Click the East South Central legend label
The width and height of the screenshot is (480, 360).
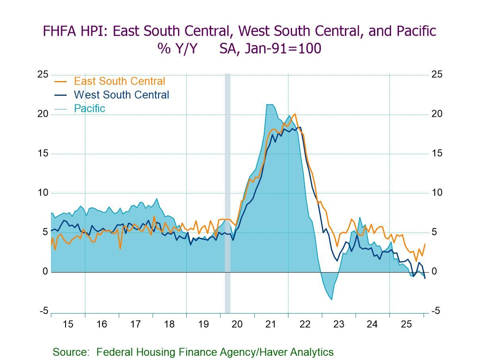[x=119, y=81]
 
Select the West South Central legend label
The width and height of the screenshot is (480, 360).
[x=121, y=95]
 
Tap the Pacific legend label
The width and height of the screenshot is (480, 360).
[x=89, y=108]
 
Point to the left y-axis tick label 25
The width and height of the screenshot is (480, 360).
[x=43, y=75]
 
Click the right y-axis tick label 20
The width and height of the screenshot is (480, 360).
[x=437, y=114]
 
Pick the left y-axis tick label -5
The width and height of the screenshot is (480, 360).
[x=44, y=311]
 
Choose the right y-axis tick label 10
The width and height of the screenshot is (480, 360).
[x=437, y=193]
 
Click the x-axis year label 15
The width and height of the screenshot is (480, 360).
[x=68, y=324]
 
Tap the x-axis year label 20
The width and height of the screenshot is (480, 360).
[x=237, y=324]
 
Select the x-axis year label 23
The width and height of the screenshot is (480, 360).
[x=339, y=324]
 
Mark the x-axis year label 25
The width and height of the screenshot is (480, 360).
[x=406, y=324]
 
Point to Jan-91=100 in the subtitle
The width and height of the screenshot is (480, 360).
[x=270, y=48]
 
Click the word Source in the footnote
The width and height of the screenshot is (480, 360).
[x=70, y=352]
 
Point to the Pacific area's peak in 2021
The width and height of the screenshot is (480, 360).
[x=269, y=105]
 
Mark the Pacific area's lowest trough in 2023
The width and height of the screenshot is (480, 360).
[x=331, y=299]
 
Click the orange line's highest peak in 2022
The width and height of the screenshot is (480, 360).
[x=294, y=114]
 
